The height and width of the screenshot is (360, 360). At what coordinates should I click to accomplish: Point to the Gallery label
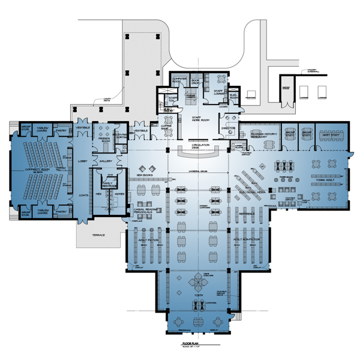tap(106, 161)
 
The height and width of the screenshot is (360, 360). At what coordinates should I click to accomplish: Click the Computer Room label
tap(179, 80)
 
